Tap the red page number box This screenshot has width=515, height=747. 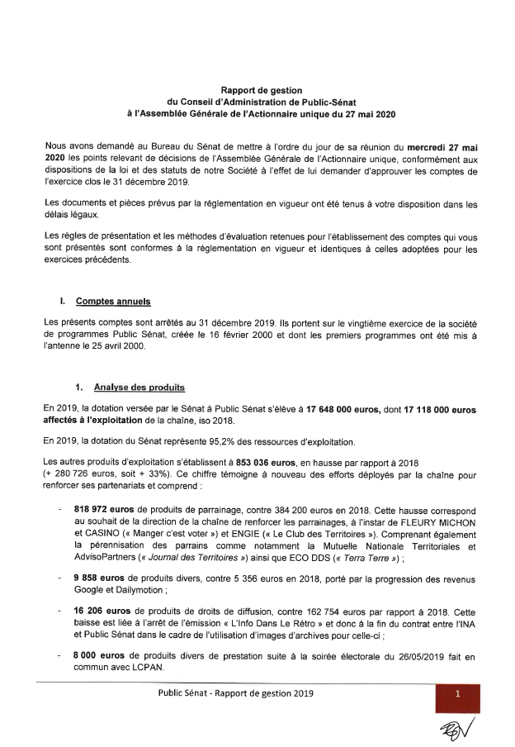[x=457, y=696]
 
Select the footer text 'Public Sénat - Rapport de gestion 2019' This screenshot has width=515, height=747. [x=237, y=694]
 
